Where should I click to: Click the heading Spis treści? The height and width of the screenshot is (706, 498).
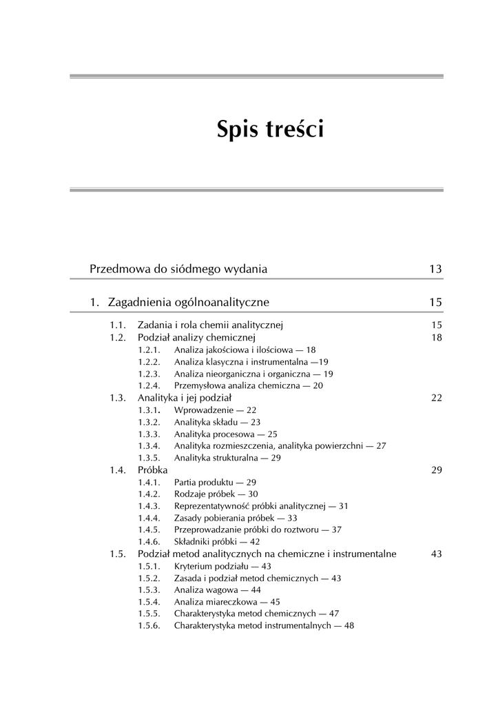click(269, 129)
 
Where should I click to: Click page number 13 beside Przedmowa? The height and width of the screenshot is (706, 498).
click(435, 269)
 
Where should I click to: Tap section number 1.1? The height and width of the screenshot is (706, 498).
click(117, 325)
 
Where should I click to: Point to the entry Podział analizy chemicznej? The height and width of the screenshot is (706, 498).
click(196, 337)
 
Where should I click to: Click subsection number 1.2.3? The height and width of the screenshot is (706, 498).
click(149, 374)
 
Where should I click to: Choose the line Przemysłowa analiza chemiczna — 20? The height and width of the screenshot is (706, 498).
click(248, 386)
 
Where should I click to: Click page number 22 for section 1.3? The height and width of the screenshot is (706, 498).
click(436, 398)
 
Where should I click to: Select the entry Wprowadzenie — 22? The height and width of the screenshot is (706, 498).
click(215, 410)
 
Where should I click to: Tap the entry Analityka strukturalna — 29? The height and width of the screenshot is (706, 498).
click(227, 458)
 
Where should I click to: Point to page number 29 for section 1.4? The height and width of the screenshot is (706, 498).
click(436, 470)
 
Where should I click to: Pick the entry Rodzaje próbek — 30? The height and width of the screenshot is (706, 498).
click(216, 494)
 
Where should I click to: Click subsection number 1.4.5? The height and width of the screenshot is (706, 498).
click(149, 529)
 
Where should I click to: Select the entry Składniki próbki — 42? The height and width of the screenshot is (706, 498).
click(216, 542)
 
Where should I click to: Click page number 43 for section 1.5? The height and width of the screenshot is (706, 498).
click(436, 554)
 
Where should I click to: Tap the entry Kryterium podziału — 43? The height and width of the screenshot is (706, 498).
click(222, 566)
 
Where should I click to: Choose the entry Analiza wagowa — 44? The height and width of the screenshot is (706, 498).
click(217, 590)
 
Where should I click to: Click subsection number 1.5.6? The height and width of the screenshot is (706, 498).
click(149, 626)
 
